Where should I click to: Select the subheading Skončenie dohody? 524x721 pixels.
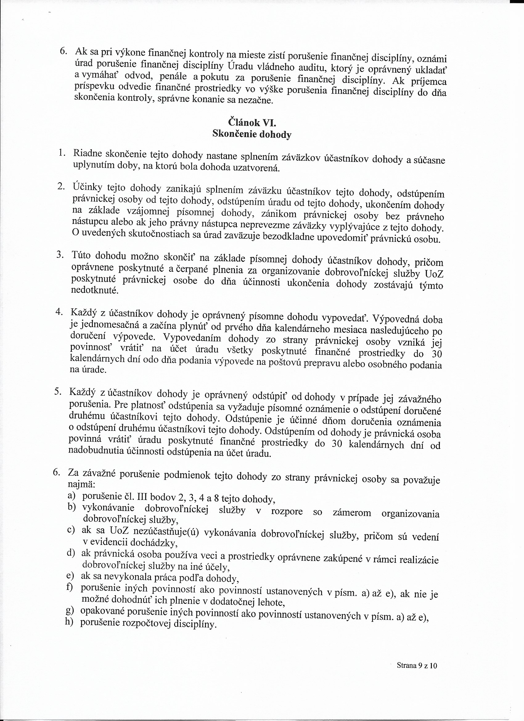coord(252,134)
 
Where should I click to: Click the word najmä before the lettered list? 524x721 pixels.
coord(81,485)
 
